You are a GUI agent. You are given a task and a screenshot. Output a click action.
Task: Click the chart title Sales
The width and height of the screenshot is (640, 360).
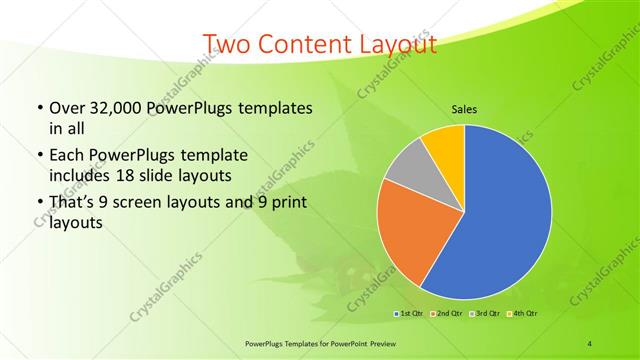tap(464, 109)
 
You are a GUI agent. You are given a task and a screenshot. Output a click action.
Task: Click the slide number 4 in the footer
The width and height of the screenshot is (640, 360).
tap(590, 343)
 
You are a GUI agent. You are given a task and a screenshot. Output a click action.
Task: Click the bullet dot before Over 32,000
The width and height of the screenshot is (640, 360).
tap(38, 108)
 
